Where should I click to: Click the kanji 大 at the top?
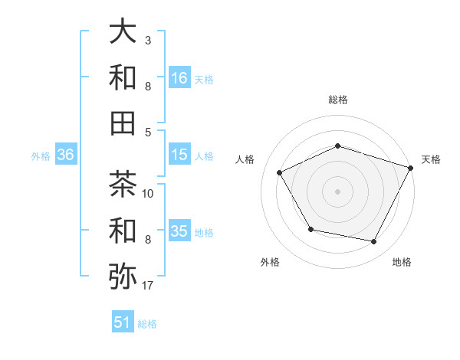pyautogui.click(x=123, y=32)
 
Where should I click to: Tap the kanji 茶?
pyautogui.click(x=123, y=184)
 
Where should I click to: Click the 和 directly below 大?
pyautogui.click(x=123, y=77)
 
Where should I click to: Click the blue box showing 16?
pyautogui.click(x=179, y=77)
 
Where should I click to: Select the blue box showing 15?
pyautogui.click(x=179, y=154)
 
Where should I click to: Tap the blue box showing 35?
pyautogui.click(x=179, y=231)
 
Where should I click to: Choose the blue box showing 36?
pyautogui.click(x=66, y=155)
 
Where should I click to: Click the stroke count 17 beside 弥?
pyautogui.click(x=149, y=286)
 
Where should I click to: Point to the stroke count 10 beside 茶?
pyautogui.click(x=149, y=193)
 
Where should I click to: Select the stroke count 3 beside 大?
pyautogui.click(x=148, y=40)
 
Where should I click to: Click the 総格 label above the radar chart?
pyautogui.click(x=337, y=100)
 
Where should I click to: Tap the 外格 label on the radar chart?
pyautogui.click(x=270, y=263)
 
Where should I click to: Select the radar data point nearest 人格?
pyautogui.click(x=280, y=172)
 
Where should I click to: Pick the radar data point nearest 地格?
pyautogui.click(x=374, y=242)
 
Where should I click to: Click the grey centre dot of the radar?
pyautogui.click(x=337, y=191)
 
